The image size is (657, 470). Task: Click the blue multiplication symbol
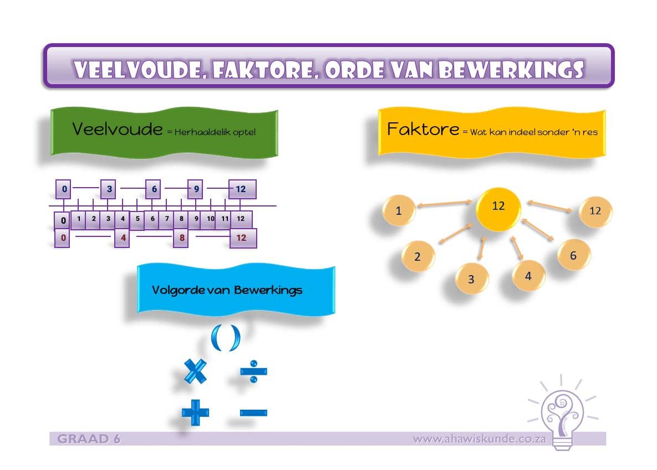point(195,371)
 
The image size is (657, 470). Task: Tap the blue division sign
point(254,371)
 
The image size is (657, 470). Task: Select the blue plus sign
point(195,412)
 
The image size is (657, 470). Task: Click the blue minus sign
point(254,412)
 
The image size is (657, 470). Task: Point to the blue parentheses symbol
point(226,337)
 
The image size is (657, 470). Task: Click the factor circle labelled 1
point(399,210)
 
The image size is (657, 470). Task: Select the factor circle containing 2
point(417,256)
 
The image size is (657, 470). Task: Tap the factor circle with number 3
point(471,279)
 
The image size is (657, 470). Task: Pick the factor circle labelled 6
point(573,255)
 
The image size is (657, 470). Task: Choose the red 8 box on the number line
point(181,238)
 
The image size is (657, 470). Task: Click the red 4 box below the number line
point(123,238)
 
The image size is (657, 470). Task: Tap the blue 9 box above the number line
point(196,189)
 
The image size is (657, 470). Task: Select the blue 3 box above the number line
point(109,189)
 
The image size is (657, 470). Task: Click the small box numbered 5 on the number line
point(137,219)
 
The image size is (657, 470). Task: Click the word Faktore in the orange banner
point(423,130)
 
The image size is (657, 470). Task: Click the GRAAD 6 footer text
point(89,439)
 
